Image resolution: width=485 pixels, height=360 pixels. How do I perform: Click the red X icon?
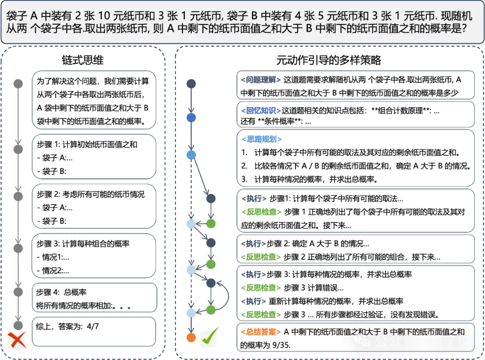[x=17, y=341]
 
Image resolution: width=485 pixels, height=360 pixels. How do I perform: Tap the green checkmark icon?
[x=208, y=338]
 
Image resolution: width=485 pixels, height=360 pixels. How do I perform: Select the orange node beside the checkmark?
[x=191, y=338]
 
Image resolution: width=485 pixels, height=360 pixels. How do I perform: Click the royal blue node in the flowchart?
[x=191, y=118]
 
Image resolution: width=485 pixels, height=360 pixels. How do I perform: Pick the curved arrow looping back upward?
[x=225, y=296]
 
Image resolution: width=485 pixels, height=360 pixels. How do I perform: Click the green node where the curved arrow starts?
[x=211, y=310]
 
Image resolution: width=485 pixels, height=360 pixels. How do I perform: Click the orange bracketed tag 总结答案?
[x=261, y=332]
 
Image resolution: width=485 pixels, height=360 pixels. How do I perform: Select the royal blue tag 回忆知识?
[x=261, y=111]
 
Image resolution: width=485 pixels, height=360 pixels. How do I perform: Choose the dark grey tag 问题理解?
[x=261, y=80]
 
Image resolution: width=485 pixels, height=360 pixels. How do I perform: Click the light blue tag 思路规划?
[x=261, y=139]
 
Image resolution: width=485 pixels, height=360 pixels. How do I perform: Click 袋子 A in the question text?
[x=22, y=17]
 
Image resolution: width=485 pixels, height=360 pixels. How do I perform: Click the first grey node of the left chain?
[x=18, y=83]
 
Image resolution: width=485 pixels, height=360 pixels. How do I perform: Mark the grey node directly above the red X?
[x=18, y=325]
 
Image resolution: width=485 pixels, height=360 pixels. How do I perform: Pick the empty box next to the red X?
[x=94, y=332]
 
